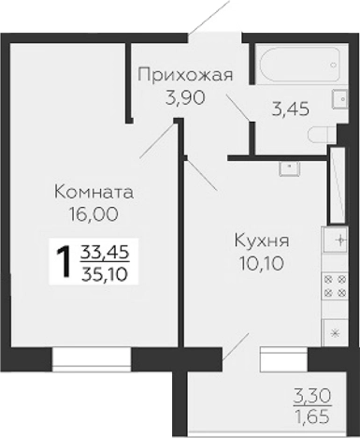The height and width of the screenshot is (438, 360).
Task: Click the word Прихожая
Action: coord(184,75)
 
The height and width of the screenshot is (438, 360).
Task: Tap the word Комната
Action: coord(94,192)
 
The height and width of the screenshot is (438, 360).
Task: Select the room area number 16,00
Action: coord(94,212)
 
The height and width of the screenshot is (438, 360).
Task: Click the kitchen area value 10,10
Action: coord(261,263)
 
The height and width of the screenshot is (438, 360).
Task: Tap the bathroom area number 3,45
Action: coord(290,109)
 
